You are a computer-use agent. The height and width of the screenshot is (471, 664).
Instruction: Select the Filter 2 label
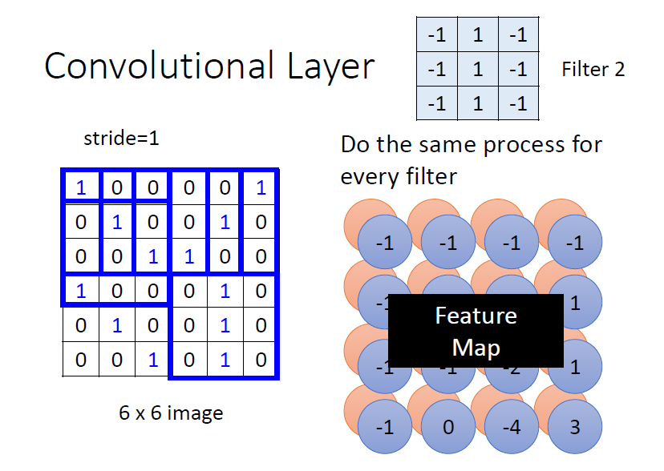(593, 70)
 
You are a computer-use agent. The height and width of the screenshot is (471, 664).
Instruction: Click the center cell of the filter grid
(477, 70)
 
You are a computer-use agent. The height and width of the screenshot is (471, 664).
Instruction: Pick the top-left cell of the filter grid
(436, 36)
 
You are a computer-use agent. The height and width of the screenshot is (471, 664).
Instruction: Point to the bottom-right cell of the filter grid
(518, 103)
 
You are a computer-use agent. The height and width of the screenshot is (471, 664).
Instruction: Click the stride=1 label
(122, 138)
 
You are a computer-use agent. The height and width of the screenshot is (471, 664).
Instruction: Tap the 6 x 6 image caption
(171, 413)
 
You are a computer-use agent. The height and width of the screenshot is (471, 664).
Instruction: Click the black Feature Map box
(476, 330)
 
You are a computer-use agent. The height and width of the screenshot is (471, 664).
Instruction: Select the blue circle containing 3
(575, 427)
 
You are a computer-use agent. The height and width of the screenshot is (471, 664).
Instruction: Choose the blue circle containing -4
(511, 427)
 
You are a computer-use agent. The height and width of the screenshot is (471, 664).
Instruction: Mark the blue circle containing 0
(448, 427)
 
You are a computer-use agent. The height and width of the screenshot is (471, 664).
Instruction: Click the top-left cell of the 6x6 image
(81, 187)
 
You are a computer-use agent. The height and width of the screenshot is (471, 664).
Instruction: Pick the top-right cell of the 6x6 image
(260, 187)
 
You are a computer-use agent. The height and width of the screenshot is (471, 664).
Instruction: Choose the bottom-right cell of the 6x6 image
(260, 360)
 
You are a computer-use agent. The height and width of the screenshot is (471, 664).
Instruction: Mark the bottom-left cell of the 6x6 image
(81, 360)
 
